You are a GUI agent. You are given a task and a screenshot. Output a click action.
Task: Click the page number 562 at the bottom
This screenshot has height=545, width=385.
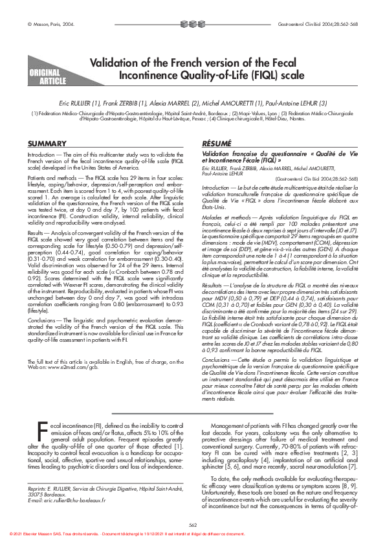[192, 524]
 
